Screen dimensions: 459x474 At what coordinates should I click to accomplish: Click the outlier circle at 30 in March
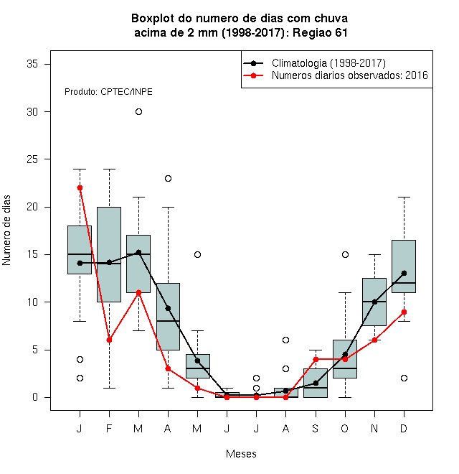138,112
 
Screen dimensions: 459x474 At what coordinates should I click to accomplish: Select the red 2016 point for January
80,188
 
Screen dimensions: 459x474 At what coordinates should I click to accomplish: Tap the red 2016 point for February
109,340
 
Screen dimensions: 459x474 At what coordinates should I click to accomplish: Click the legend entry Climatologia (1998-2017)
328,63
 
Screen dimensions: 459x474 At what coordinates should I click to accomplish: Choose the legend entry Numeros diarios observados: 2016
350,75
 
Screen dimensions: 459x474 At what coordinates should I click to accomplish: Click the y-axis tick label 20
32,207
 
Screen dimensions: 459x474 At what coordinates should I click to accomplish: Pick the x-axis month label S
316,428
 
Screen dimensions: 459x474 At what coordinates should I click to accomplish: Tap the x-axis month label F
109,428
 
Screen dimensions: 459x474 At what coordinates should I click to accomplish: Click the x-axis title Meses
241,454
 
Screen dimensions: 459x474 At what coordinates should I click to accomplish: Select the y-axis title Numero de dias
6,231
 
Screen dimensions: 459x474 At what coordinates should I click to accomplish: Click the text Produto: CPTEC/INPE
108,92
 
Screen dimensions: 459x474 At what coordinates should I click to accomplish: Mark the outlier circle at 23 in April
169,179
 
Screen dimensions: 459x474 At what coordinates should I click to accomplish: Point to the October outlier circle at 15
345,254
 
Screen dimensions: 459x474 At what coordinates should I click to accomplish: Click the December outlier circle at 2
404,378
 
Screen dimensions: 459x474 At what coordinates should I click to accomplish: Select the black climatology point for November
374,302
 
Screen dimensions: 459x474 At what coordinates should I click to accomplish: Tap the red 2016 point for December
404,312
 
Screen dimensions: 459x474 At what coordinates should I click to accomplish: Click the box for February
109,254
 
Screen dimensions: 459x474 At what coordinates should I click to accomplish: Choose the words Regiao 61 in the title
320,32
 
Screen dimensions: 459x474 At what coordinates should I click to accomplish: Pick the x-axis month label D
404,428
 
